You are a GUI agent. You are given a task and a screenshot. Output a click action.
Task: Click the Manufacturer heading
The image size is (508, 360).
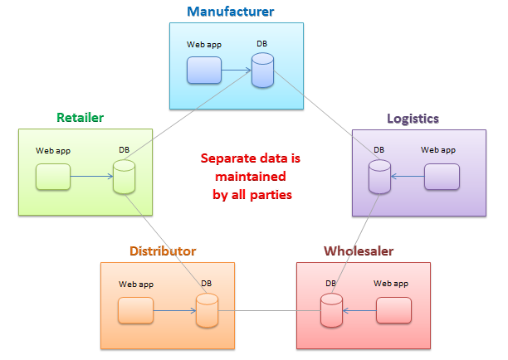230,12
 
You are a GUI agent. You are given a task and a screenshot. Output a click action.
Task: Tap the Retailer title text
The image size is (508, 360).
80,118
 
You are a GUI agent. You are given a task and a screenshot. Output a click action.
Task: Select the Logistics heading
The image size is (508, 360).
413,118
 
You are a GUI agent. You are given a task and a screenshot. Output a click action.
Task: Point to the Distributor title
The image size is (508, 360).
163,251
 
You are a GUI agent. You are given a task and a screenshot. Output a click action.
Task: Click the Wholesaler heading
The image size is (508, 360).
359,251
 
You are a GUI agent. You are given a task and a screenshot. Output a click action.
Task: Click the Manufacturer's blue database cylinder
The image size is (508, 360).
263,71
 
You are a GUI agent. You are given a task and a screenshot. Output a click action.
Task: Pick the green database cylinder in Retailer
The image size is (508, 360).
124,176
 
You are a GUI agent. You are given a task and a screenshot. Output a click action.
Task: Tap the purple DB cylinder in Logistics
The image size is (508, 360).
379,176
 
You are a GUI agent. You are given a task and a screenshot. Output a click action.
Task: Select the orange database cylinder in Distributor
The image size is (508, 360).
207,311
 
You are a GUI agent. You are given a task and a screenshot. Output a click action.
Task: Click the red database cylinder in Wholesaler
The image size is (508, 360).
331,311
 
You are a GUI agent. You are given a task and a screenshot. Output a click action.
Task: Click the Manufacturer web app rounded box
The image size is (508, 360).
203,71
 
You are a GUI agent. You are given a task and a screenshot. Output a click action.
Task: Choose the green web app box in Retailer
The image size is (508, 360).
52,176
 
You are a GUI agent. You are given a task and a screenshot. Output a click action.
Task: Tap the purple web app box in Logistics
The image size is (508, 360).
442,176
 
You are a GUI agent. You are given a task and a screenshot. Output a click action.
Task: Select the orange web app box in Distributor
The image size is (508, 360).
135,311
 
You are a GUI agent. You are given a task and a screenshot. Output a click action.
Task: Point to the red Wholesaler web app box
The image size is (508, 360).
393,311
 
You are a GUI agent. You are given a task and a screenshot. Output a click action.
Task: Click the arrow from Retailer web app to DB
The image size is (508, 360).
91,176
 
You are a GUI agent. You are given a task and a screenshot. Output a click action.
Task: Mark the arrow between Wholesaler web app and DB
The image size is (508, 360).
359,311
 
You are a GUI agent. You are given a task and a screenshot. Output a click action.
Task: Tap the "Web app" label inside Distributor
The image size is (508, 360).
135,284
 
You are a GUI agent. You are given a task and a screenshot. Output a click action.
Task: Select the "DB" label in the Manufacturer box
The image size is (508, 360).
262,45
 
